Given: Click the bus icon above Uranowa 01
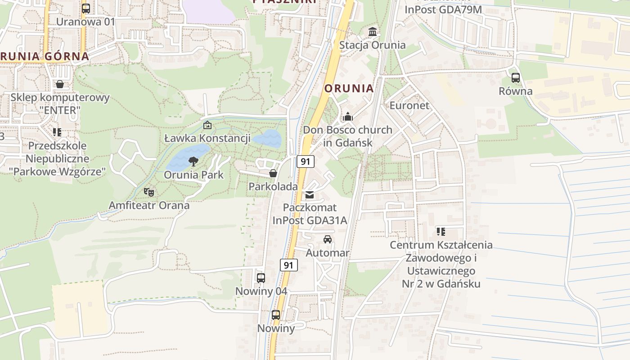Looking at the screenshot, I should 86,8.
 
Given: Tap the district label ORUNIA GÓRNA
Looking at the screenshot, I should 45,56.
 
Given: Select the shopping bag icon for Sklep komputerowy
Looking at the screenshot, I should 59,84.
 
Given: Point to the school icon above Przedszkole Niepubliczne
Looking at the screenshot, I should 57,132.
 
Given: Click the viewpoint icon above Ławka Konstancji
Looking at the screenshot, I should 207,125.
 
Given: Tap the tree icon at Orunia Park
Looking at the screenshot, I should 193,161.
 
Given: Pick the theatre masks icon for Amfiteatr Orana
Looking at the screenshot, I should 149,192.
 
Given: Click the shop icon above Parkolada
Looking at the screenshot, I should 273,173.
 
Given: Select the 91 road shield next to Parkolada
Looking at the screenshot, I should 306,162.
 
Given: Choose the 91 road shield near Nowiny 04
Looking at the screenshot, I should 288,265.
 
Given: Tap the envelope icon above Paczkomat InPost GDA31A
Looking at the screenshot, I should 310,195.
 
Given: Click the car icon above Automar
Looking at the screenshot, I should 328,239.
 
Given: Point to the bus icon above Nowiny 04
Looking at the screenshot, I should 261,278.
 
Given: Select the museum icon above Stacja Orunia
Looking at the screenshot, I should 373,32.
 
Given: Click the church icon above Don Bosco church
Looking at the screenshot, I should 347,117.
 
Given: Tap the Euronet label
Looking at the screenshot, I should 409,105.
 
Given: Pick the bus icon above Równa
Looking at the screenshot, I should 516,77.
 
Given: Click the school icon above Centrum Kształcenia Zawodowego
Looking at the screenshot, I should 441,232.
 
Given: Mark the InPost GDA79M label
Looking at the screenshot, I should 443,9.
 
